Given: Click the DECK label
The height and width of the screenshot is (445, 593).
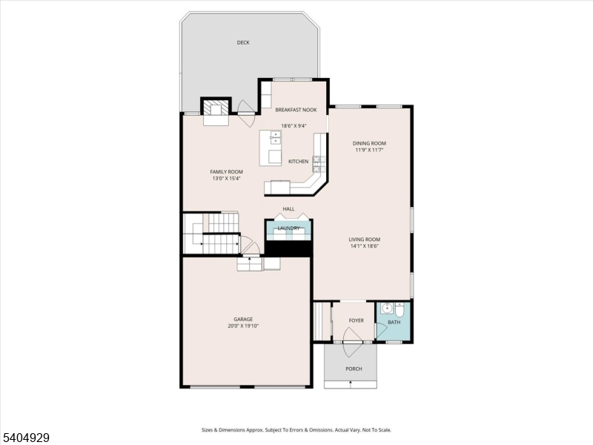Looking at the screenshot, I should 243,43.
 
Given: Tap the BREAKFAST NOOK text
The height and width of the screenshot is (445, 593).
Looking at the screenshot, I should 296,110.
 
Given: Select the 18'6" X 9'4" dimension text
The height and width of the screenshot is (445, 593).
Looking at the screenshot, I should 294,125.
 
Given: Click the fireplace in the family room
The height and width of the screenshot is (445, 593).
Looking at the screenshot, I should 216,109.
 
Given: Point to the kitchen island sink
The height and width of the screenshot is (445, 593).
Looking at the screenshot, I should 275,137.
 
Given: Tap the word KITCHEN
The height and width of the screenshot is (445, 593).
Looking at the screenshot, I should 298,162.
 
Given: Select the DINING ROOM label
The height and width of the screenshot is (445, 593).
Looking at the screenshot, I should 368,143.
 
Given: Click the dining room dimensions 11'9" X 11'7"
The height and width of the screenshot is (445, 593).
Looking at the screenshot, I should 368,151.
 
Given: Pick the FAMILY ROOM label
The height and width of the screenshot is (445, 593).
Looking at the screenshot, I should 226,171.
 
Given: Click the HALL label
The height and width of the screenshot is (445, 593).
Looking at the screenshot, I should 288,209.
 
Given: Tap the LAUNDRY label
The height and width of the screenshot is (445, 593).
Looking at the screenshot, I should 288,228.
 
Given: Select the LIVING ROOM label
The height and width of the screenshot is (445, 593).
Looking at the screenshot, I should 365,239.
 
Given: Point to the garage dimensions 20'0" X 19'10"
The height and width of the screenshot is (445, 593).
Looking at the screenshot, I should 243,326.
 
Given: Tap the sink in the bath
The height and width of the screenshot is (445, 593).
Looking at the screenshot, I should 386,309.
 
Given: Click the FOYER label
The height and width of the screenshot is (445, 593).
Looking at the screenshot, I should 357,320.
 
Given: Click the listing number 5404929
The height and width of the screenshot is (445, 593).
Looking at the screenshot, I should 26,438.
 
